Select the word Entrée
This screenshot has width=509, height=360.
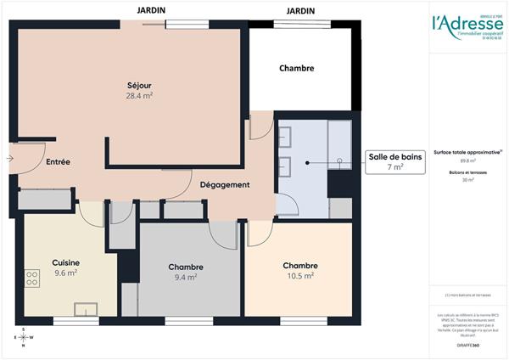pos(58,161)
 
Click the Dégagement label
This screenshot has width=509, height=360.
pos(224,185)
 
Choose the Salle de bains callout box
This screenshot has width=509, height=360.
pos(394,161)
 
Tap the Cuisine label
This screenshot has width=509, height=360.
pos(65,262)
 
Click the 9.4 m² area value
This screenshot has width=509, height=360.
pos(185,277)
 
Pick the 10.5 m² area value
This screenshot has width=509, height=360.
pos(300,276)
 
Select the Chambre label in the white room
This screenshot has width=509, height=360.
pos(296,68)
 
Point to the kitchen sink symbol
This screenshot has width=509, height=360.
pos(86,309)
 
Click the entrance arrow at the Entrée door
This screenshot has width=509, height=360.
pos(8,159)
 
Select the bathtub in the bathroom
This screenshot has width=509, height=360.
pos(340,139)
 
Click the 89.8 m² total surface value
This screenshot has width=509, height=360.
pos(467,160)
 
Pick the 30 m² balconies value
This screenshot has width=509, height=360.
pos(467,180)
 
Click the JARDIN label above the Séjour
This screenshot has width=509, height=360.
pos(152,9)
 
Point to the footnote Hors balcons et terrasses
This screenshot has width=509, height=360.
pos(467,295)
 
